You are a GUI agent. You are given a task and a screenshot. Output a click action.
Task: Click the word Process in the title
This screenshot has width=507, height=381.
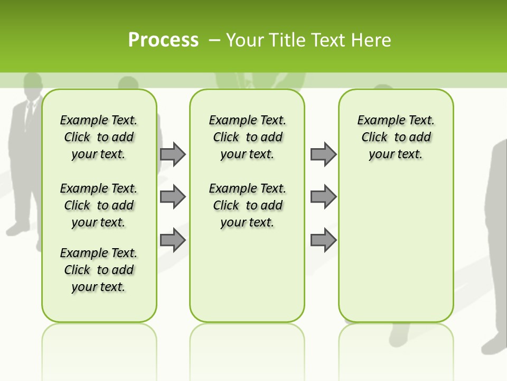[x=163, y=40]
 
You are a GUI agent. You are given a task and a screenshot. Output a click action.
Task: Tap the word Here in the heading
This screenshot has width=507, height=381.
[x=372, y=40]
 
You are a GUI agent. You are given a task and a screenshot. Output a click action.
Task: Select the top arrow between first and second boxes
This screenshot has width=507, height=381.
[x=173, y=154]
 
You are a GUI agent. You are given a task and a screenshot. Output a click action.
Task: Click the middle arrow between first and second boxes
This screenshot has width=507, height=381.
[x=173, y=197]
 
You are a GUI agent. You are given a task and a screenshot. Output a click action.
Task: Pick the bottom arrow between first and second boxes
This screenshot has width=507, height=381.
[x=173, y=240]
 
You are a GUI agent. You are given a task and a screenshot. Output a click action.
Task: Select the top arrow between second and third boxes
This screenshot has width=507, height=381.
[x=323, y=154]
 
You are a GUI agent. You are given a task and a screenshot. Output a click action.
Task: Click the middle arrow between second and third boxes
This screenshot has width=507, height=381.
[x=323, y=197]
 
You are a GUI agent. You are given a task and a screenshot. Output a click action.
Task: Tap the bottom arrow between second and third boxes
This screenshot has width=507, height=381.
[x=323, y=240]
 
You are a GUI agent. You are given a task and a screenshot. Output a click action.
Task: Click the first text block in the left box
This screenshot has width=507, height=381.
[x=99, y=137]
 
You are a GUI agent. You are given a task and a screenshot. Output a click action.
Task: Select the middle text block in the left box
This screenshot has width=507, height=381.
[x=99, y=205]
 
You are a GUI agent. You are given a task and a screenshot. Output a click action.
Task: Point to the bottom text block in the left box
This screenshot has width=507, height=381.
[x=99, y=270]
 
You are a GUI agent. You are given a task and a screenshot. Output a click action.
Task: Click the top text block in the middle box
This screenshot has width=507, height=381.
[x=247, y=137]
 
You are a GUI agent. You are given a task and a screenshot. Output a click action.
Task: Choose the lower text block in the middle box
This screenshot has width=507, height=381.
[x=247, y=205]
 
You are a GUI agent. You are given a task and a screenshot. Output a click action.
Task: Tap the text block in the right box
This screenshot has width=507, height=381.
[x=396, y=137]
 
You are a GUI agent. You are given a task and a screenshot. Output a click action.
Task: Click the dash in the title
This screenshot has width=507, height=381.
[x=215, y=40]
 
